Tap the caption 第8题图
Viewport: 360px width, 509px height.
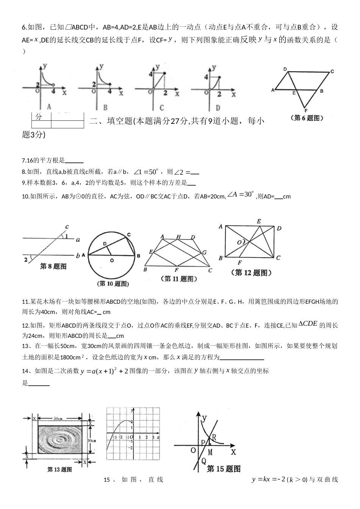53,267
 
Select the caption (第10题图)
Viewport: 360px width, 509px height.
113,284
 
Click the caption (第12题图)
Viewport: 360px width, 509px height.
250,272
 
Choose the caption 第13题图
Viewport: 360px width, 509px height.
59,470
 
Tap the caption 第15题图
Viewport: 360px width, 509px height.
224,469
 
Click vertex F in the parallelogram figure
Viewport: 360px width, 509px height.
305,111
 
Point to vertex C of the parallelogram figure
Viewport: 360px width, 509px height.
332,72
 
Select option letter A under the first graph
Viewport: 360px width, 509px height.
49,106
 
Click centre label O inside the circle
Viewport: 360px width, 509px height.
112,261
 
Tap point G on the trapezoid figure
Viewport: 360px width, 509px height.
204,252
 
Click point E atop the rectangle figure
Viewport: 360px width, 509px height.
259,221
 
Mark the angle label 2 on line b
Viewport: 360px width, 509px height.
26,259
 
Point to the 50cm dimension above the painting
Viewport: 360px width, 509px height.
58,418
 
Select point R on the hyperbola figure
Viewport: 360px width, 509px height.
214,437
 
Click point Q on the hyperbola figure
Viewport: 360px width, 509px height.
203,461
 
